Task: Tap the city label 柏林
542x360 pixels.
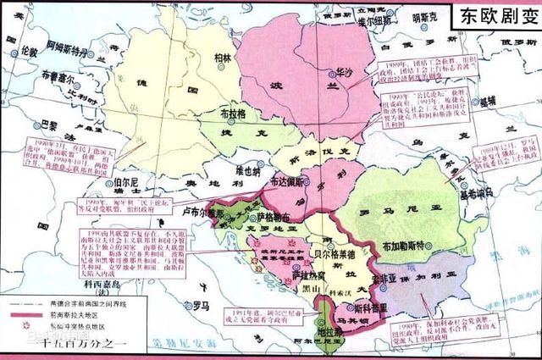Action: (223, 58)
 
